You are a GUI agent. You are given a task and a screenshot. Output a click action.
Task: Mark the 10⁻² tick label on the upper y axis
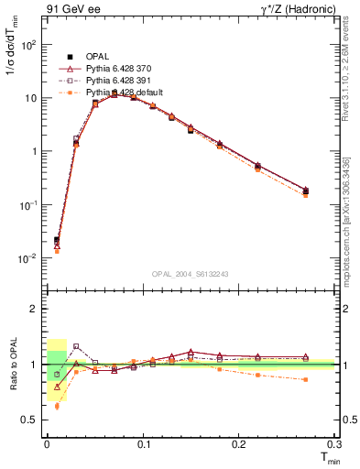(x=27, y=258)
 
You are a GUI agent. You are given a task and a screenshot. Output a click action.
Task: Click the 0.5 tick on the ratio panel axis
(x=30, y=420)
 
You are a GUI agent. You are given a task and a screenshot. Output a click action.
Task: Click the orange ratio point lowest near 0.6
(x=57, y=406)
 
